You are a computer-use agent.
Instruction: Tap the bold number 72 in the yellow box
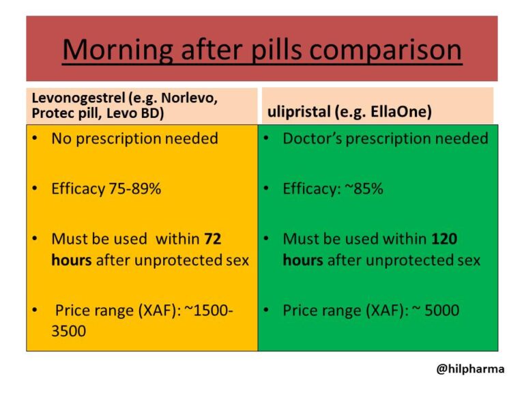212,239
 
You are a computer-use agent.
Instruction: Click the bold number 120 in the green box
444,239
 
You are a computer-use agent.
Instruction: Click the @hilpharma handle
470,369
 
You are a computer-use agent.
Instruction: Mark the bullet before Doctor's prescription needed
267,139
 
